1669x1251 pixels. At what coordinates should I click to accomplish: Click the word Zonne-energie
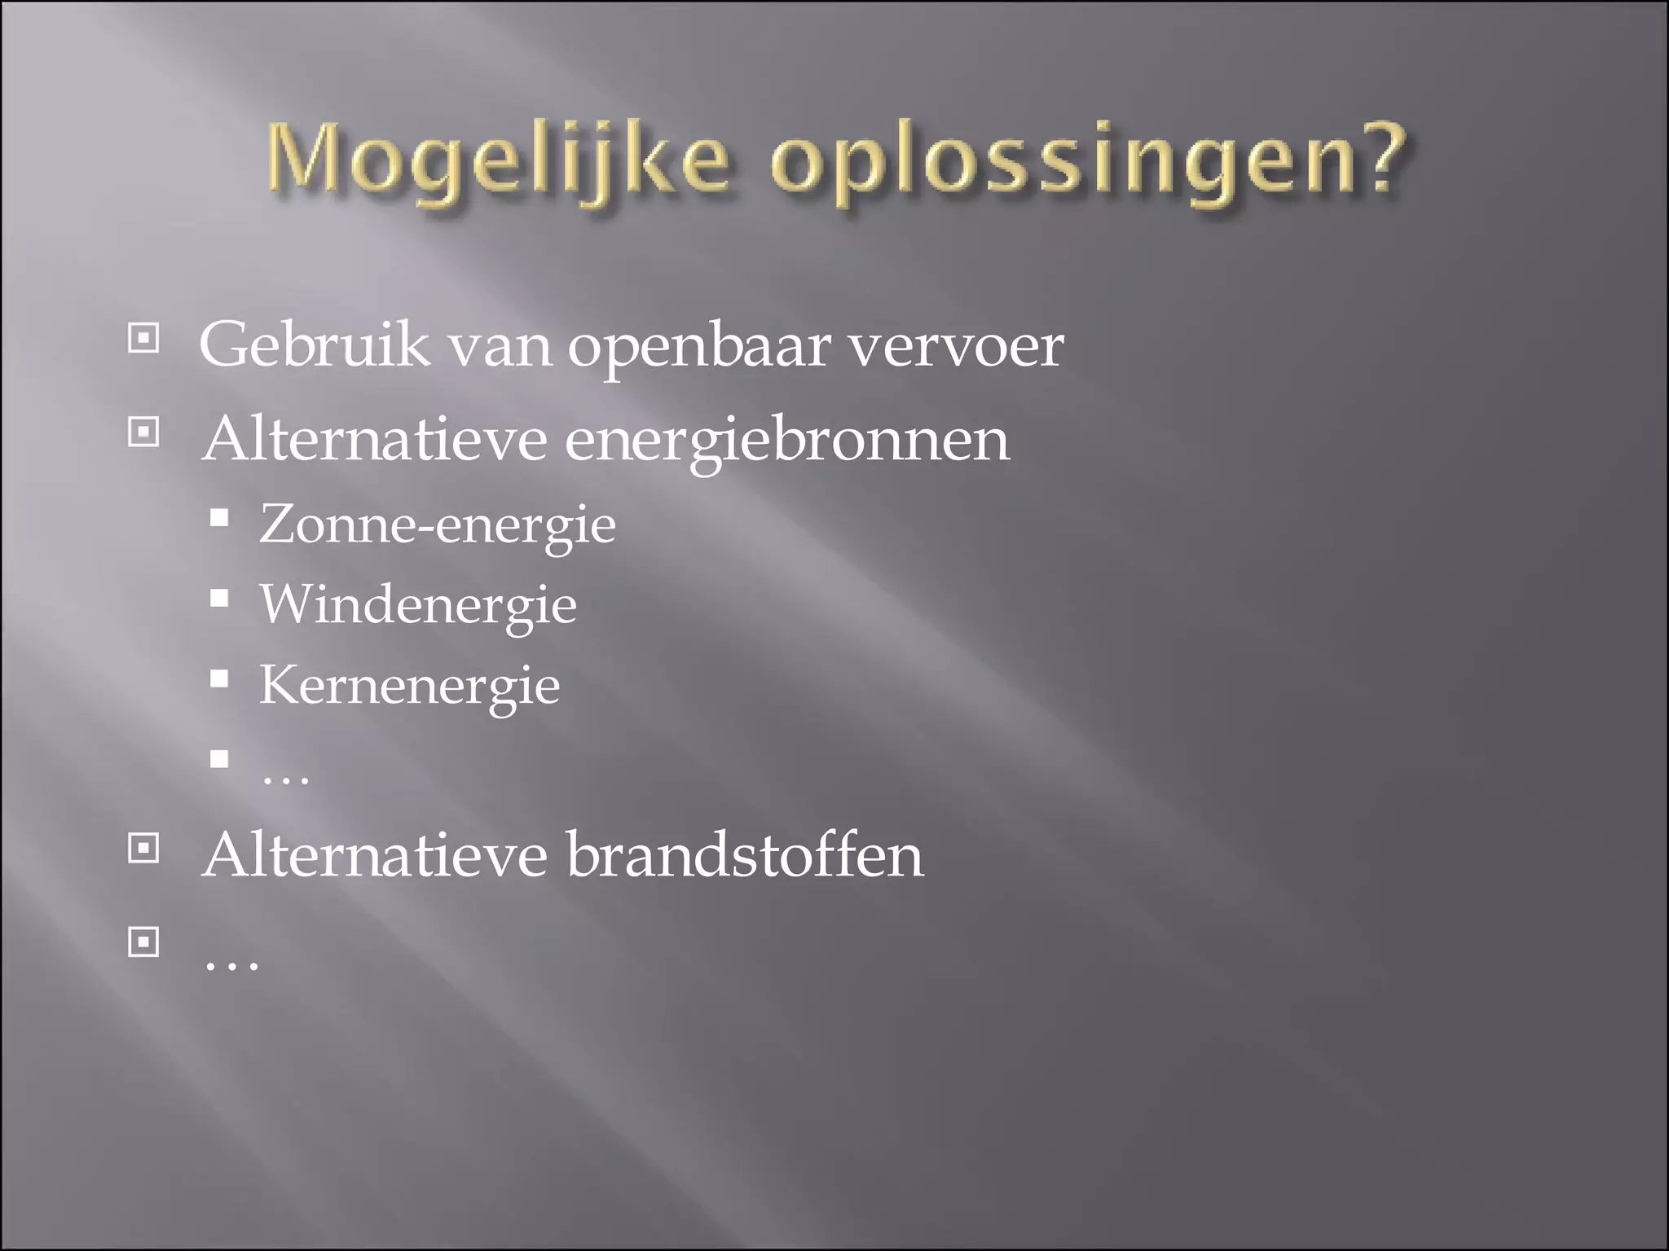[438, 525]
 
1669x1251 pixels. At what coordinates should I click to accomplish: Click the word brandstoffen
[745, 856]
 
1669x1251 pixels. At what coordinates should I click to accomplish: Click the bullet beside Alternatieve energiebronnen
[143, 432]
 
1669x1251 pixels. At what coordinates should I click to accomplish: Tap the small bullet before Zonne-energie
[218, 519]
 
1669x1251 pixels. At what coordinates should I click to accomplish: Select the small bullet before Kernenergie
[218, 679]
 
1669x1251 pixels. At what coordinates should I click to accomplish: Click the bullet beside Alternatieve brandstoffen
[143, 849]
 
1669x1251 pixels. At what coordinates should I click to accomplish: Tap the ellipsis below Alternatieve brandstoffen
[231, 964]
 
